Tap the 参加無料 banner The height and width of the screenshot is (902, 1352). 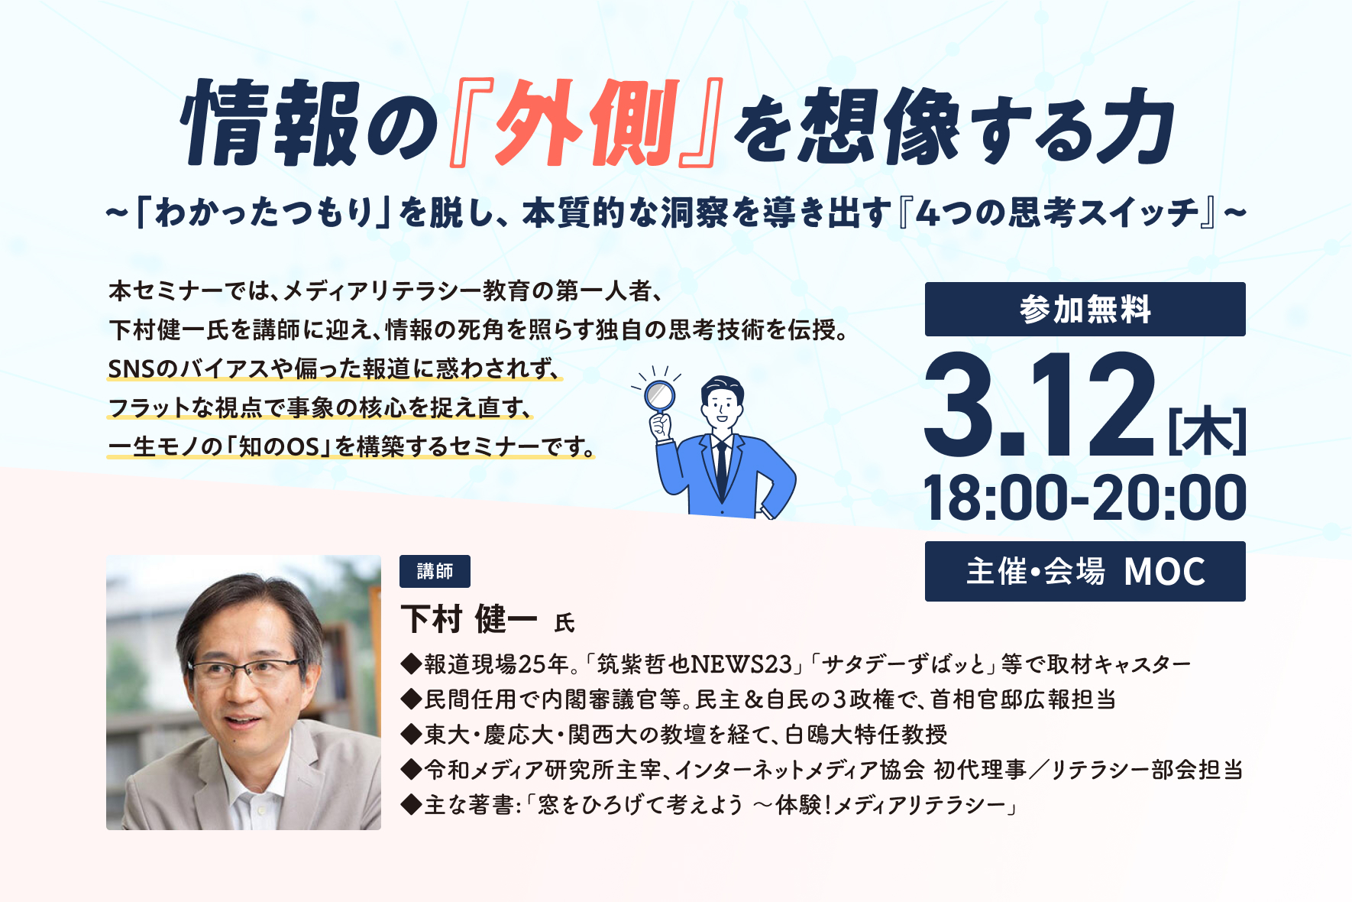1085,309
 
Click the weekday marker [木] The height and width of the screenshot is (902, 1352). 1207,432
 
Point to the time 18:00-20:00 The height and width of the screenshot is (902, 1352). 1085,498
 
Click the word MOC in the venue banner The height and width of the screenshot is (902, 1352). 1165,572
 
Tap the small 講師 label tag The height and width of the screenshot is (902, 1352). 435,571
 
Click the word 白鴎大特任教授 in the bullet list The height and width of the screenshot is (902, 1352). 866,734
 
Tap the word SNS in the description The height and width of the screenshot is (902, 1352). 131,369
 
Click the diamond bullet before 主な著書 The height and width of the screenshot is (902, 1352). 411,804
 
